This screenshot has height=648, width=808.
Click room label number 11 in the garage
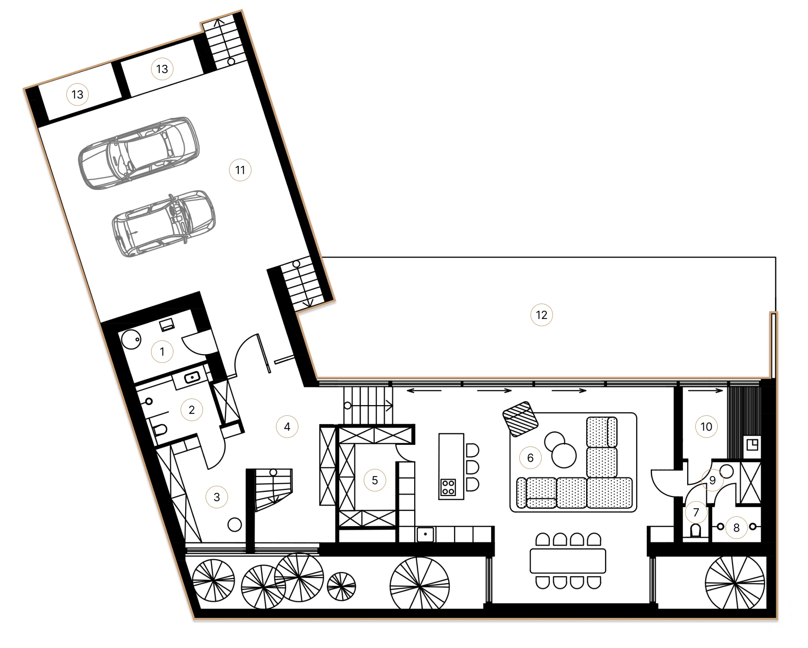[x=240, y=170]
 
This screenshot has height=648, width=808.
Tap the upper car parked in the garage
[x=139, y=153]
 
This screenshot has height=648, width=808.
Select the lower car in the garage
[x=163, y=223]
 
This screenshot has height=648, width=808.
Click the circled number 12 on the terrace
[x=541, y=315]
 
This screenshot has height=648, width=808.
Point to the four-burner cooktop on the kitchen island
[x=448, y=488]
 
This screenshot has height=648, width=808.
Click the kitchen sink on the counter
[x=425, y=534]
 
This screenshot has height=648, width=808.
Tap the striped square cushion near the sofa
[x=521, y=419]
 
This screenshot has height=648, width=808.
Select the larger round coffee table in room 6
[x=564, y=455]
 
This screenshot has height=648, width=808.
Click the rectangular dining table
[x=568, y=561]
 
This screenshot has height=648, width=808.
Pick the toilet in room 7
[x=695, y=532]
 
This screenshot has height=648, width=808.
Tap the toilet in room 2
[x=160, y=430]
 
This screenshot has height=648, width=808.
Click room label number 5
[x=374, y=480]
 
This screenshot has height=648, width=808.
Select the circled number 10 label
[x=706, y=427]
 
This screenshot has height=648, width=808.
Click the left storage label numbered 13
[x=77, y=94]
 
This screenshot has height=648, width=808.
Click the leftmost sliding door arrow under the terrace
[x=423, y=391]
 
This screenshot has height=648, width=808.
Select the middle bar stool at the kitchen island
[x=472, y=466]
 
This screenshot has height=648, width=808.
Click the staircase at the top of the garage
[x=225, y=44]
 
